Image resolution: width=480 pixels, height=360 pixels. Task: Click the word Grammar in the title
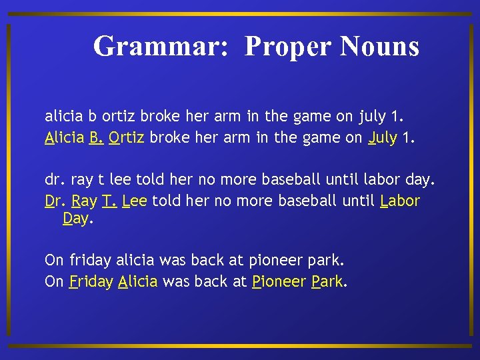click(x=164, y=46)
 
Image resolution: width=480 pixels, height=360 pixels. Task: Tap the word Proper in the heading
click(x=288, y=46)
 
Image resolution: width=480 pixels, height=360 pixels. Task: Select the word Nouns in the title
click(x=379, y=46)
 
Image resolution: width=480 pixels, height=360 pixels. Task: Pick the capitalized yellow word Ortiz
click(x=127, y=138)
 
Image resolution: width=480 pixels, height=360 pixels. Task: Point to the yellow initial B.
click(x=95, y=138)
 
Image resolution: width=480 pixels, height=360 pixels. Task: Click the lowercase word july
click(x=371, y=116)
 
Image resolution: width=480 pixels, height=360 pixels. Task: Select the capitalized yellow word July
click(x=382, y=138)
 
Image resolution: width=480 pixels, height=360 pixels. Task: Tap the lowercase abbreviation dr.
click(x=54, y=179)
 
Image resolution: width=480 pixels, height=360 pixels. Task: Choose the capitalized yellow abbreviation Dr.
click(x=55, y=201)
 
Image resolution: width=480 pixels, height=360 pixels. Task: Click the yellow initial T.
click(x=109, y=201)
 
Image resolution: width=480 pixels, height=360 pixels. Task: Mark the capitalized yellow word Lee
click(x=135, y=201)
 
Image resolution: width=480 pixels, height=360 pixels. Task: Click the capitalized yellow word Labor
click(x=399, y=201)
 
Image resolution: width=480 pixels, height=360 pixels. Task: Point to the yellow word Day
click(x=75, y=219)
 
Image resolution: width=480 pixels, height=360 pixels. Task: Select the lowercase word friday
click(x=91, y=259)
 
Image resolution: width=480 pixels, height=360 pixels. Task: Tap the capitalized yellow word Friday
click(x=91, y=281)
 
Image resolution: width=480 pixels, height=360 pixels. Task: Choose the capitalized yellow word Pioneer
click(x=279, y=281)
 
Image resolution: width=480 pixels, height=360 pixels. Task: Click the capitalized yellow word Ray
click(x=84, y=201)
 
